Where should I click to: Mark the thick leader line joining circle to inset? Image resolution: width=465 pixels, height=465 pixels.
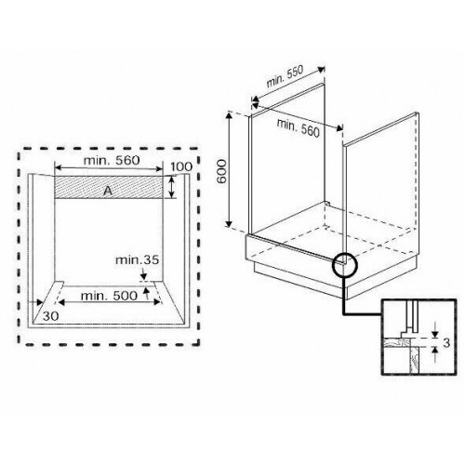coord(346,298)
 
